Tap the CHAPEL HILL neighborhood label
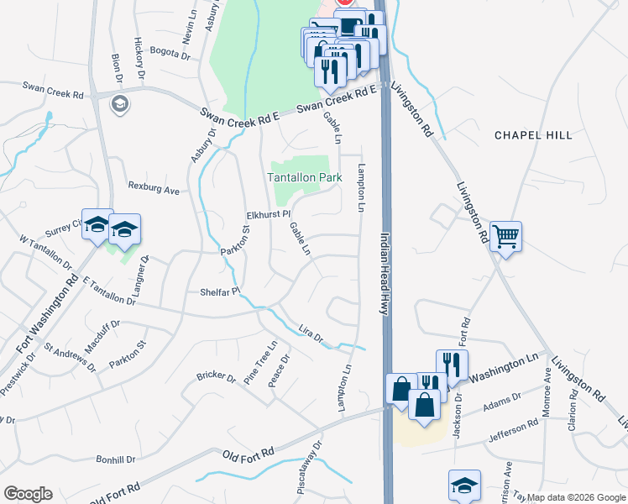tap(533, 135)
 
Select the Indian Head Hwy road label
tap(387, 275)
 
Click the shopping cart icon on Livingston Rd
tap(505, 236)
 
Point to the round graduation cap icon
tap(120, 103)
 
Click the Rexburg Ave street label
tap(154, 190)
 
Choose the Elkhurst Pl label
tap(268, 214)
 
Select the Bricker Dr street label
tap(216, 376)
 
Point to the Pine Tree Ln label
tap(260, 363)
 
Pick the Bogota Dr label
tap(170, 52)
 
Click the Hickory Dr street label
tap(140, 58)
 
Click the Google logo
tap(28, 494)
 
